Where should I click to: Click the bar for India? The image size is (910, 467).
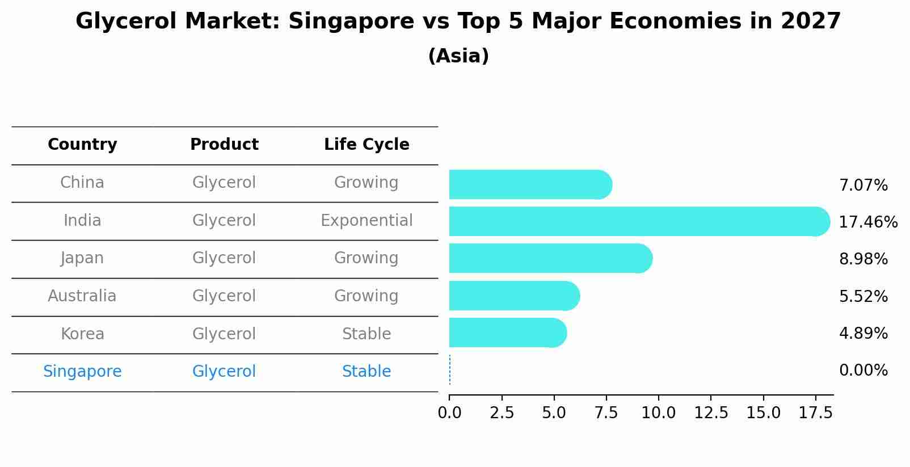(639, 221)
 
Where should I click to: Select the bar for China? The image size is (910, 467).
(530, 184)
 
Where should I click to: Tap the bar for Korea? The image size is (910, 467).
(507, 333)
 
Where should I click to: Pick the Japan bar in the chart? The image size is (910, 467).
(550, 258)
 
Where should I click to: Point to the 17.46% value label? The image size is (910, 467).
(868, 222)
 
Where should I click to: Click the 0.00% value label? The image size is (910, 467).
(863, 371)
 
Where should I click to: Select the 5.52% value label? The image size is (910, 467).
(863, 296)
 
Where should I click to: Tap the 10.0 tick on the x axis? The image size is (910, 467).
(658, 413)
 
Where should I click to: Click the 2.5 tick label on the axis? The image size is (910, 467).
(502, 413)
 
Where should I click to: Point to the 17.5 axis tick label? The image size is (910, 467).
(815, 413)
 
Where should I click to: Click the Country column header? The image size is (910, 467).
(82, 145)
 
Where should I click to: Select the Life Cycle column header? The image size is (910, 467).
(366, 145)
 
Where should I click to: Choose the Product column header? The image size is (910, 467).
(224, 145)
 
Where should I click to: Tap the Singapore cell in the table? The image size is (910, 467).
(82, 372)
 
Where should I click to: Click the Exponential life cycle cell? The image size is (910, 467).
(366, 221)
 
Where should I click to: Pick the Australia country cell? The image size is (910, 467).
(82, 296)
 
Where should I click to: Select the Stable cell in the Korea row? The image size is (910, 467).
(366, 334)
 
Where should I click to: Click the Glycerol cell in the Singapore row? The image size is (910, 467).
(224, 372)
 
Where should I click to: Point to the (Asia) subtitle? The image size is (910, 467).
(458, 56)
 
